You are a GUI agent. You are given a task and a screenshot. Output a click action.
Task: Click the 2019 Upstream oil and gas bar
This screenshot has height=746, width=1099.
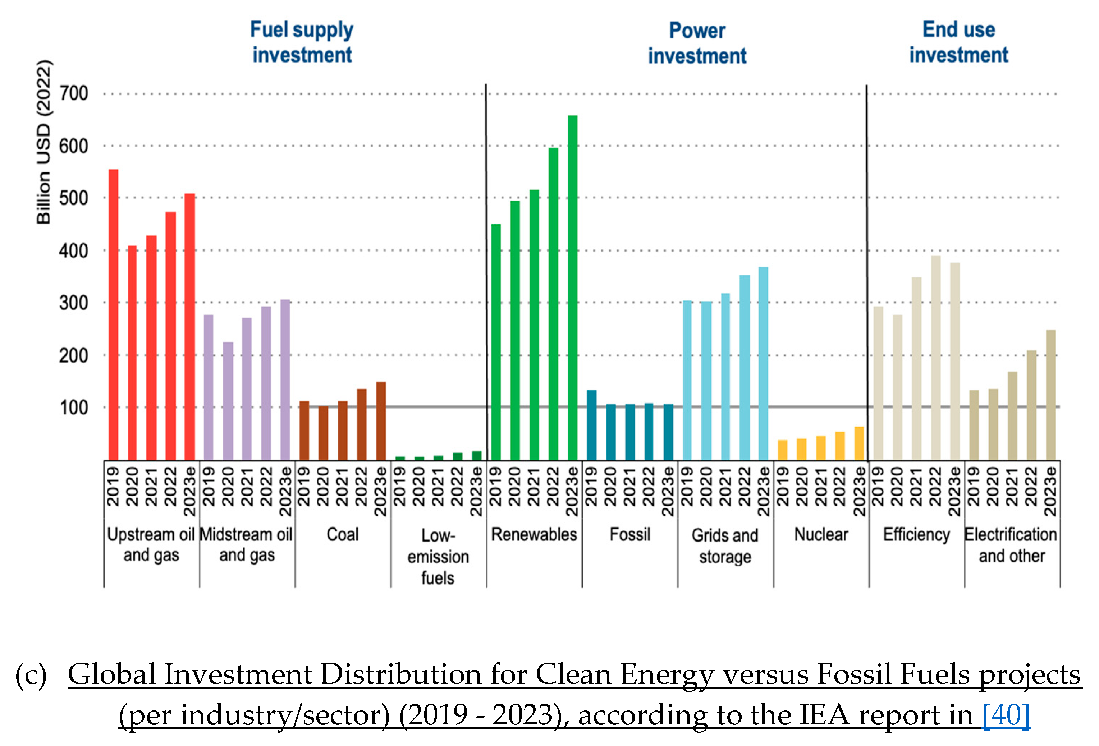pos(114,314)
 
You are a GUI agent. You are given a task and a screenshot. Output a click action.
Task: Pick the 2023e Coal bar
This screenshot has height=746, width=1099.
pos(381,421)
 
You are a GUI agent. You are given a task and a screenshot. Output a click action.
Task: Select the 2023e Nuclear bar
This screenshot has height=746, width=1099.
pos(859,443)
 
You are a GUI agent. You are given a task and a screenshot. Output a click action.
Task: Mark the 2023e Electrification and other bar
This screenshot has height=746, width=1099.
pos(1050,395)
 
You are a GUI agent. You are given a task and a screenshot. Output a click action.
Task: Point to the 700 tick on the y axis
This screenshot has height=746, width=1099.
pos(74,93)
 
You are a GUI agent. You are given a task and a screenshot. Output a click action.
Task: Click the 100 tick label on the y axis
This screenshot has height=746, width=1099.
pos(74,407)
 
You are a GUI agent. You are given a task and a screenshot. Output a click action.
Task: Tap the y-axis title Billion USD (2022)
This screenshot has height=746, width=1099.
pos(43,142)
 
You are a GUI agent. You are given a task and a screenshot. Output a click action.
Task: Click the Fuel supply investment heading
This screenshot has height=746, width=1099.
pos(302,42)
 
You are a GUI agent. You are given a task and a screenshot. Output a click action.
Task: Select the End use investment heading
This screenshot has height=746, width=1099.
pos(958,42)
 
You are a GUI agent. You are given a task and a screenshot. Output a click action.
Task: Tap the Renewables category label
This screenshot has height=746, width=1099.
pos(534,535)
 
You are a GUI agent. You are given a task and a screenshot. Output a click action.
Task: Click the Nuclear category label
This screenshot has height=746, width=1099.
pos(821,535)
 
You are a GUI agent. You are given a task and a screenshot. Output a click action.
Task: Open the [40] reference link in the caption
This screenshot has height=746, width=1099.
pos(1006,715)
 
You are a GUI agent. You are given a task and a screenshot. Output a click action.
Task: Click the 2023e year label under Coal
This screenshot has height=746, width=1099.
pos(381,491)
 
